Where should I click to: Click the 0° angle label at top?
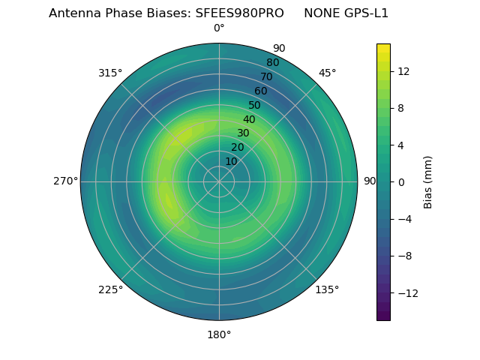coord(219,28)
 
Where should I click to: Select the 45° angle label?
coord(327,73)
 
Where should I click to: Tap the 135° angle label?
coord(327,289)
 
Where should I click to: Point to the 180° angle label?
coord(219,334)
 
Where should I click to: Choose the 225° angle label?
coord(110,289)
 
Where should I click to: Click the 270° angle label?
coord(65,181)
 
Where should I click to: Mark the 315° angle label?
coord(110,73)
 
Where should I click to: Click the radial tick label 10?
coord(231,161)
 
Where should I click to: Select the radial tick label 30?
coord(243,133)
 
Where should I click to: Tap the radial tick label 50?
coord(255,105)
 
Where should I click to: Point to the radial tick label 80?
coord(272,62)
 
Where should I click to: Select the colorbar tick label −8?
coord(402,256)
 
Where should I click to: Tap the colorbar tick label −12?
coord(405,292)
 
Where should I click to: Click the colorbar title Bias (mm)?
coord(428,181)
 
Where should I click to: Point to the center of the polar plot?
coord(219,181)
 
